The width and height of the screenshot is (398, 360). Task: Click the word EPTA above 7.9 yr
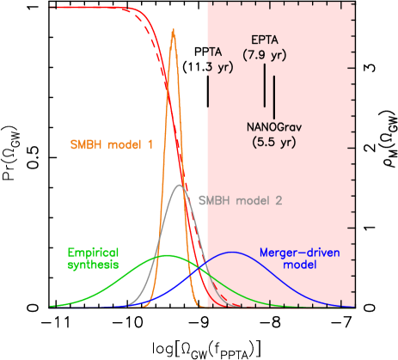click(x=265, y=40)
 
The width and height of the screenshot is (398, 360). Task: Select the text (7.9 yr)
click(x=265, y=55)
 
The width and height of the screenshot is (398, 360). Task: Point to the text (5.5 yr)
click(x=272, y=143)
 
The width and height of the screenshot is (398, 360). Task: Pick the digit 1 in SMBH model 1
click(x=150, y=143)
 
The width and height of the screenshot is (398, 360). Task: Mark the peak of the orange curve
click(x=174, y=31)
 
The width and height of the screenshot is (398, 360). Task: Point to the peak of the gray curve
click(x=179, y=185)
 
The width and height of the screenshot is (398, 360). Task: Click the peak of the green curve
click(x=167, y=255)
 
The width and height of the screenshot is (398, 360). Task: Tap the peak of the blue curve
click(x=232, y=252)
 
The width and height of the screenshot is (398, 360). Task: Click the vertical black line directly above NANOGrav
click(x=274, y=96)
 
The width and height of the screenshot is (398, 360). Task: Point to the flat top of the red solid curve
click(x=86, y=7)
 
